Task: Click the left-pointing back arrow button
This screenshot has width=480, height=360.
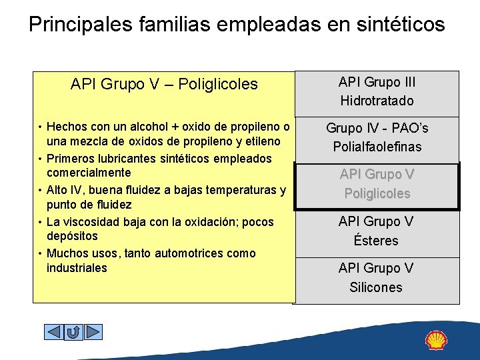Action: click(53, 331)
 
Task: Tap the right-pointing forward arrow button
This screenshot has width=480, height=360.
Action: click(93, 331)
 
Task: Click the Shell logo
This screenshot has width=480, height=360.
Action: click(437, 340)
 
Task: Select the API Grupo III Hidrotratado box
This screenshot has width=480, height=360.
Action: click(377, 92)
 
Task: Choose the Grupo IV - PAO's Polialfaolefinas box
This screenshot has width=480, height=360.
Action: click(377, 137)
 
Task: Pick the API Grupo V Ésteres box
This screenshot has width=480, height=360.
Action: click(377, 231)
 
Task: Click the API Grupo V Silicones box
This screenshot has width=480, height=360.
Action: click(377, 277)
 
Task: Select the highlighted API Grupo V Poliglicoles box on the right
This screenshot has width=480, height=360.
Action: click(377, 184)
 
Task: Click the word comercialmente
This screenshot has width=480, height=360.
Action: click(84, 173)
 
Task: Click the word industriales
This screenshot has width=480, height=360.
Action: click(77, 268)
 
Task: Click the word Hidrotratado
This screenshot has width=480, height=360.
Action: click(377, 101)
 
